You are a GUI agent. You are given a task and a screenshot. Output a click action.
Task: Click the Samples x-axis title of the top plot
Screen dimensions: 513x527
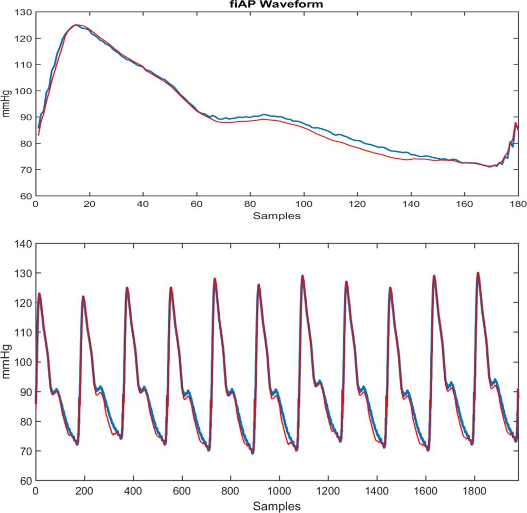click(276, 216)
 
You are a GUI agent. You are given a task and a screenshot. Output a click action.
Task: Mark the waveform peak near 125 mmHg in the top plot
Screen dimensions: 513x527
click(76, 25)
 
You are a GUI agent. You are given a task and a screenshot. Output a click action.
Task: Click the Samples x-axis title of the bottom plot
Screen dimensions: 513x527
click(276, 503)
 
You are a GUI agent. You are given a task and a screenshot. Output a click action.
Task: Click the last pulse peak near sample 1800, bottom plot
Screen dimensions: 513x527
click(478, 273)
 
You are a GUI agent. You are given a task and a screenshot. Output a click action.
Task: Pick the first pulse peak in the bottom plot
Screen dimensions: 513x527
click(39, 294)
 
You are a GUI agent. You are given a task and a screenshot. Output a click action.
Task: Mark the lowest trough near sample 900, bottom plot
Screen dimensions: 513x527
click(252, 453)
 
